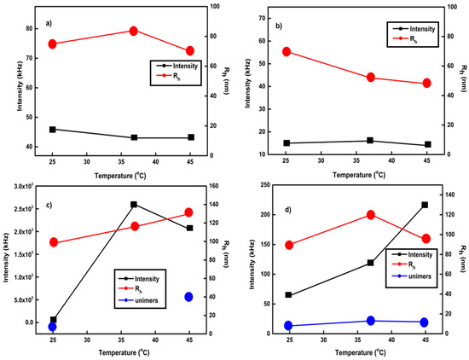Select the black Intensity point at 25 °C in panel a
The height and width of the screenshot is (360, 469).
[53, 130]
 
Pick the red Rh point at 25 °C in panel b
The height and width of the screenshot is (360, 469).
[287, 51]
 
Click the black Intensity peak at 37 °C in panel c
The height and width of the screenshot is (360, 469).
[134, 205]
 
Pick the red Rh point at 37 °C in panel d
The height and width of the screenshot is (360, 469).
[371, 215]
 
